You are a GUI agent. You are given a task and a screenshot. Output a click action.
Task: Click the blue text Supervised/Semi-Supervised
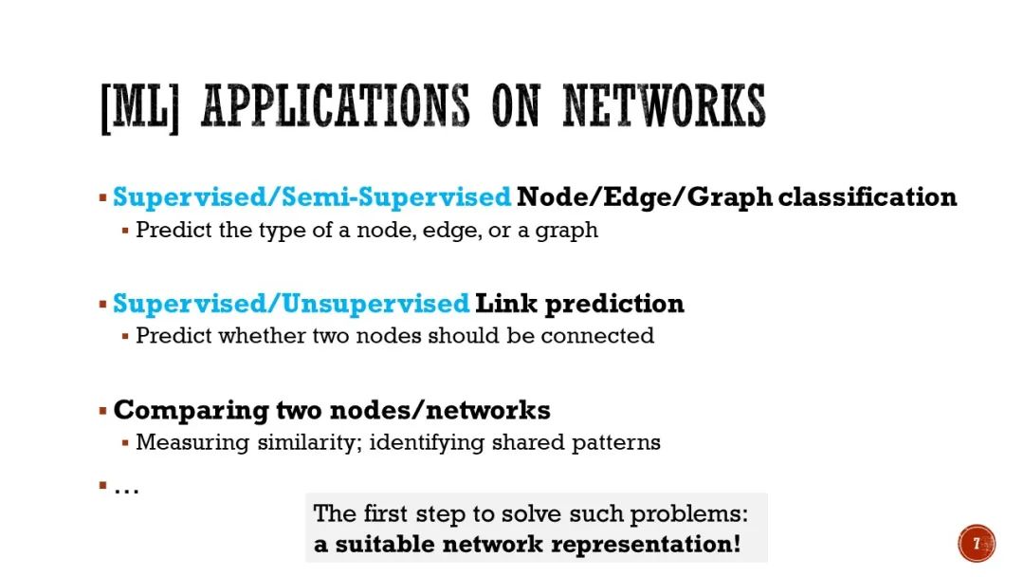click(312, 197)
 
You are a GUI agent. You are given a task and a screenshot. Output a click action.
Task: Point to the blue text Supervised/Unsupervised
click(291, 304)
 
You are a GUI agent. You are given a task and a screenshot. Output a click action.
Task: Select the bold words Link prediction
click(579, 304)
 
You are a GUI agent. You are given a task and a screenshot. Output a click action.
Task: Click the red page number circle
click(976, 544)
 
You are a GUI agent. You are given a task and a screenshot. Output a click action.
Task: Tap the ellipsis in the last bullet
click(126, 489)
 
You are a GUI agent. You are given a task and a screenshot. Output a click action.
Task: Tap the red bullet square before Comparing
click(102, 411)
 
